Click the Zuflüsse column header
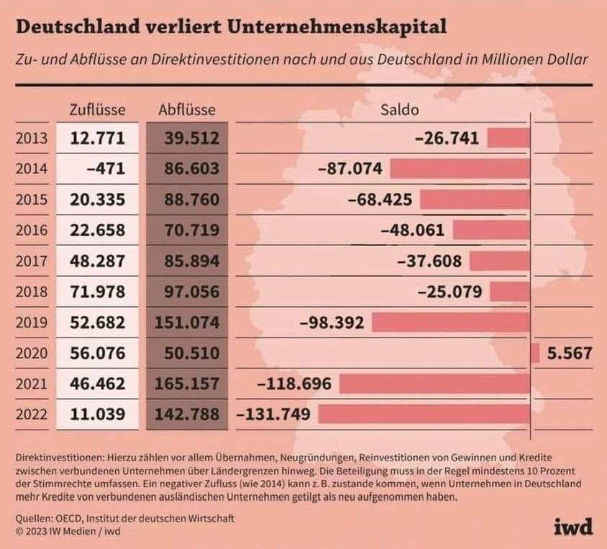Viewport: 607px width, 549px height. (x=97, y=110)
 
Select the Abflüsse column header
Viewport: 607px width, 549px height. (x=187, y=110)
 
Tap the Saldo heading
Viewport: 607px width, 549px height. (x=400, y=110)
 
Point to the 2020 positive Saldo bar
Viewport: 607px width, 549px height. (x=535, y=353)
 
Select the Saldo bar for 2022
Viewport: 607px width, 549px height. (x=424, y=415)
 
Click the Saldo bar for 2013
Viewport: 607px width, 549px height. (x=508, y=138)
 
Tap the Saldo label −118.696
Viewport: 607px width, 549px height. (x=294, y=384)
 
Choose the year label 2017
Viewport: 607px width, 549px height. (x=32, y=261)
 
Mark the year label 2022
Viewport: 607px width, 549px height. (x=32, y=415)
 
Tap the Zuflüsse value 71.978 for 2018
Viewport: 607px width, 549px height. (x=97, y=292)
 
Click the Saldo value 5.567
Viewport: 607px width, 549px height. (x=570, y=353)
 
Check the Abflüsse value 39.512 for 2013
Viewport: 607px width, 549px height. (x=191, y=138)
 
